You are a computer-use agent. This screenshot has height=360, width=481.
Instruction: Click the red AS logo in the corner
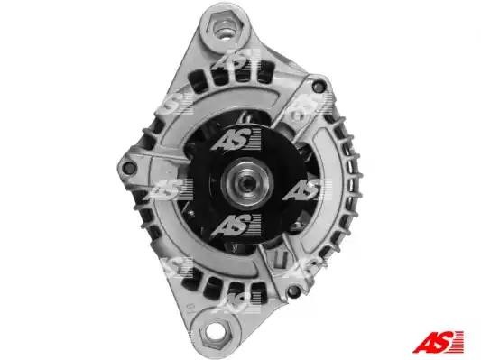click(438, 342)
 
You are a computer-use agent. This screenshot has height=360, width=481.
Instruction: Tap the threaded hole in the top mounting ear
click(225, 29)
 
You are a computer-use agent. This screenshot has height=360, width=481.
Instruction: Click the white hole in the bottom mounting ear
click(216, 331)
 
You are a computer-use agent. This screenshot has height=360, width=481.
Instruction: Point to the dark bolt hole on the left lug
click(128, 168)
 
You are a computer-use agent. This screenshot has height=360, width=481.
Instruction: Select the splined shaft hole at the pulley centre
click(247, 183)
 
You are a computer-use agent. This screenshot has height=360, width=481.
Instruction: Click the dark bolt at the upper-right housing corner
click(319, 86)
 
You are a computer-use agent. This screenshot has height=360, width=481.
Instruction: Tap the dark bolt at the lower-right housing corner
click(294, 290)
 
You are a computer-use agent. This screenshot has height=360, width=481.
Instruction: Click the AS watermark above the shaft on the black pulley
click(236, 140)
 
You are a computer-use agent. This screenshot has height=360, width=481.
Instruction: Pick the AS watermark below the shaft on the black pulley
click(236, 226)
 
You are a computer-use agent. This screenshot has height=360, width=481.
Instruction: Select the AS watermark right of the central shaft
click(307, 189)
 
